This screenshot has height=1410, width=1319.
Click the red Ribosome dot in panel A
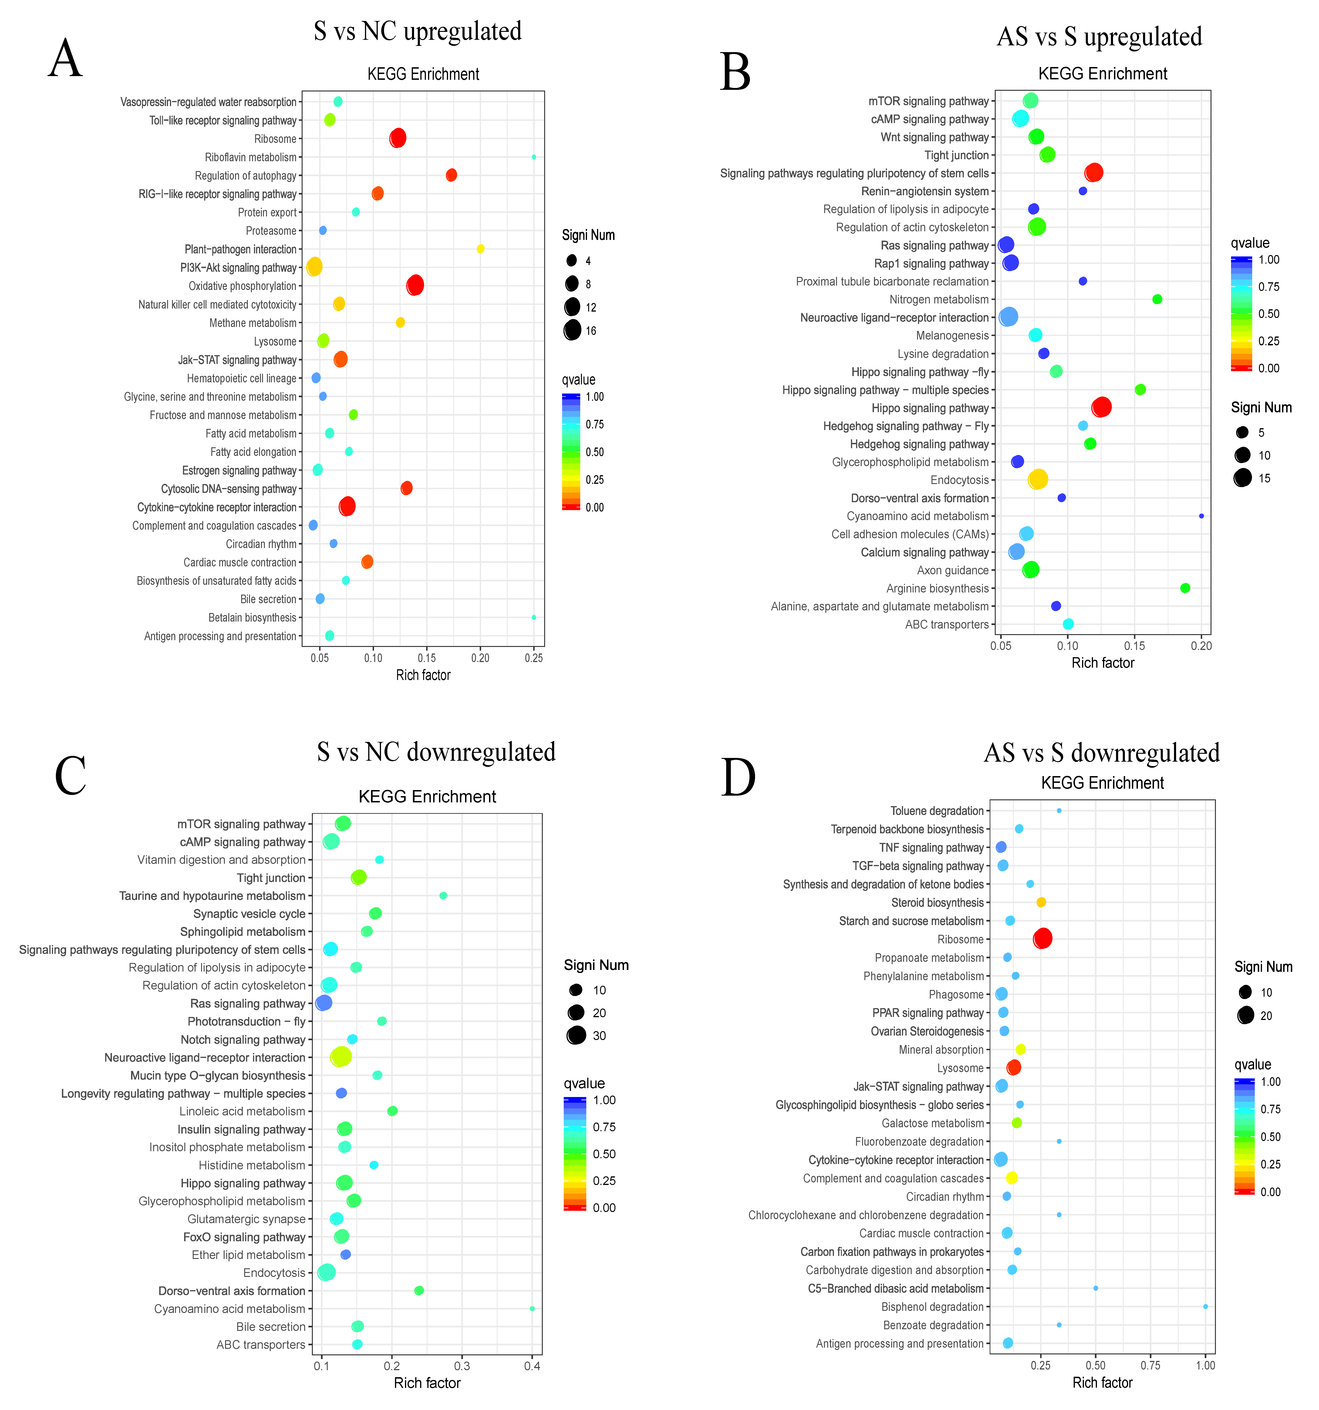(x=398, y=138)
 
